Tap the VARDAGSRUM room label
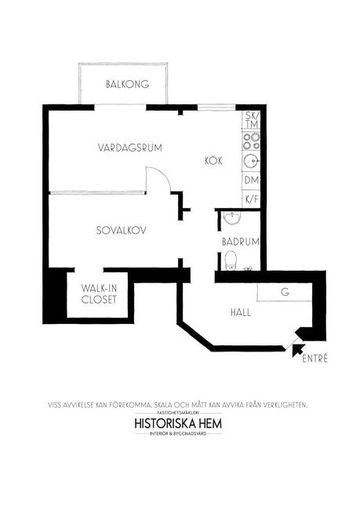129,148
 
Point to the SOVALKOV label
122,231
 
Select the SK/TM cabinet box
252,120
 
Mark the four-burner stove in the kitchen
252,141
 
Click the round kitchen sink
251,162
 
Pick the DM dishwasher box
252,180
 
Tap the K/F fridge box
252,199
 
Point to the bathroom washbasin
231,217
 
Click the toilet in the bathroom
230,260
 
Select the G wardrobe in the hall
284,293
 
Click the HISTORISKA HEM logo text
180,421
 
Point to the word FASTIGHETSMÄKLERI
180,411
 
